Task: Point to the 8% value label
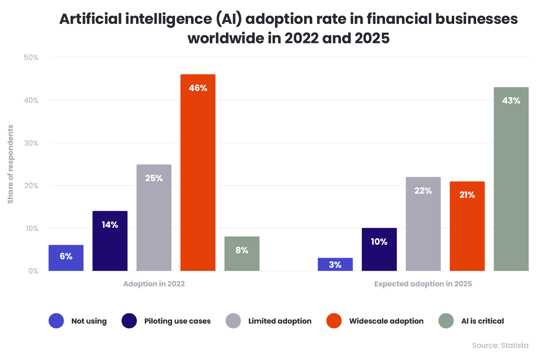pyautogui.click(x=242, y=250)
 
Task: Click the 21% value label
pyautogui.click(x=467, y=195)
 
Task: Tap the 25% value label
pyautogui.click(x=154, y=178)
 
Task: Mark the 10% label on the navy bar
pyautogui.click(x=379, y=242)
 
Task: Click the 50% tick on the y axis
pyautogui.click(x=31, y=57)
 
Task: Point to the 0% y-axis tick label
pyautogui.click(x=33, y=271)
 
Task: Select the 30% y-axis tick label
pyautogui.click(x=31, y=143)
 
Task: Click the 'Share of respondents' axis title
pyautogui.click(x=11, y=164)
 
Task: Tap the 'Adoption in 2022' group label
pyautogui.click(x=154, y=284)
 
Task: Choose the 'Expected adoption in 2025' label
pyautogui.click(x=423, y=284)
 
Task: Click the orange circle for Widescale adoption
pyautogui.click(x=334, y=321)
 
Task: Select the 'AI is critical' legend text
pyautogui.click(x=483, y=321)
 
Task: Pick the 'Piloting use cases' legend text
pyautogui.click(x=177, y=321)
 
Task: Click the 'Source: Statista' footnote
pyautogui.click(x=500, y=345)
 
